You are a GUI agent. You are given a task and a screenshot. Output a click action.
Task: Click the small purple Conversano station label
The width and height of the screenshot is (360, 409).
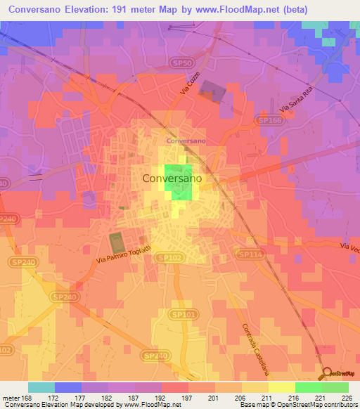pyautogui.click(x=186, y=141)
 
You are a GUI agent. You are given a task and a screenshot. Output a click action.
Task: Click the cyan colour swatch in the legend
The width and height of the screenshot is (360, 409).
pyautogui.click(x=41, y=387)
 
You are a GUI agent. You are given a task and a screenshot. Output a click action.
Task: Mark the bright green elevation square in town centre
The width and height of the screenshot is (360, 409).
pyautogui.click(x=179, y=182)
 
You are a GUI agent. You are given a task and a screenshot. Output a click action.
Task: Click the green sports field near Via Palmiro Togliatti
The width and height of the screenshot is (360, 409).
pyautogui.click(x=117, y=242)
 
